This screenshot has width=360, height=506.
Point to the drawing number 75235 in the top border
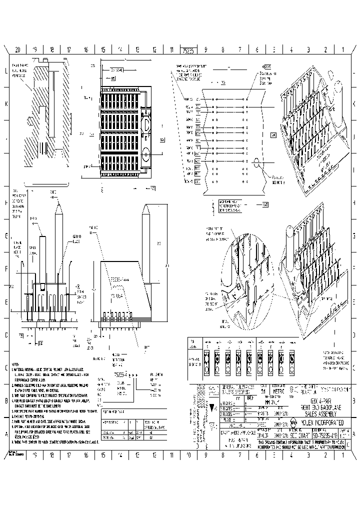click(187, 50)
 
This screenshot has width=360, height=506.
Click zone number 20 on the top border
click(17, 50)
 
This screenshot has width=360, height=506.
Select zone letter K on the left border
click(6, 104)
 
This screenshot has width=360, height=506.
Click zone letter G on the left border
click(6, 235)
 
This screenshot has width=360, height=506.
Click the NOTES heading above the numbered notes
click(15, 364)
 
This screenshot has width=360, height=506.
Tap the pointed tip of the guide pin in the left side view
click(59, 203)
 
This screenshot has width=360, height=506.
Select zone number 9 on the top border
click(205, 50)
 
